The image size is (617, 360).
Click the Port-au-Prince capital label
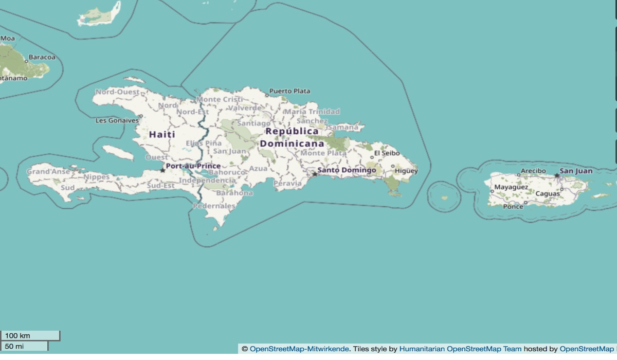click(x=193, y=166)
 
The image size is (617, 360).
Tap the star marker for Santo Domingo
click(x=315, y=174)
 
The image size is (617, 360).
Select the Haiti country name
click(x=162, y=134)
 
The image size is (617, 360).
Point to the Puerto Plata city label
click(x=289, y=91)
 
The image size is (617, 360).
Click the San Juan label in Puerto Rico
click(x=576, y=171)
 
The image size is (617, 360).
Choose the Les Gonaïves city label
click(x=117, y=120)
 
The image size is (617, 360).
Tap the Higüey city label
click(x=406, y=171)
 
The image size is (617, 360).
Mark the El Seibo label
click(x=386, y=153)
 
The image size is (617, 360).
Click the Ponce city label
click(x=513, y=206)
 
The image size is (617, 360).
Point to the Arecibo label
click(x=533, y=171)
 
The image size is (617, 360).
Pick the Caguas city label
click(x=547, y=194)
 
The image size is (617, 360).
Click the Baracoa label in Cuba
click(x=41, y=57)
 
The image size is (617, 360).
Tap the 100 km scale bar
click(x=30, y=336)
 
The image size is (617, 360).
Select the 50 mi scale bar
click(x=24, y=346)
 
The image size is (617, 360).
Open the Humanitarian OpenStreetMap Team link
click(x=460, y=349)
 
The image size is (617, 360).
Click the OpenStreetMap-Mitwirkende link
click(x=299, y=349)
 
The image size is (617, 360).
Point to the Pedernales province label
click(x=214, y=206)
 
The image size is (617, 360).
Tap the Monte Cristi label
click(x=219, y=99)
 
